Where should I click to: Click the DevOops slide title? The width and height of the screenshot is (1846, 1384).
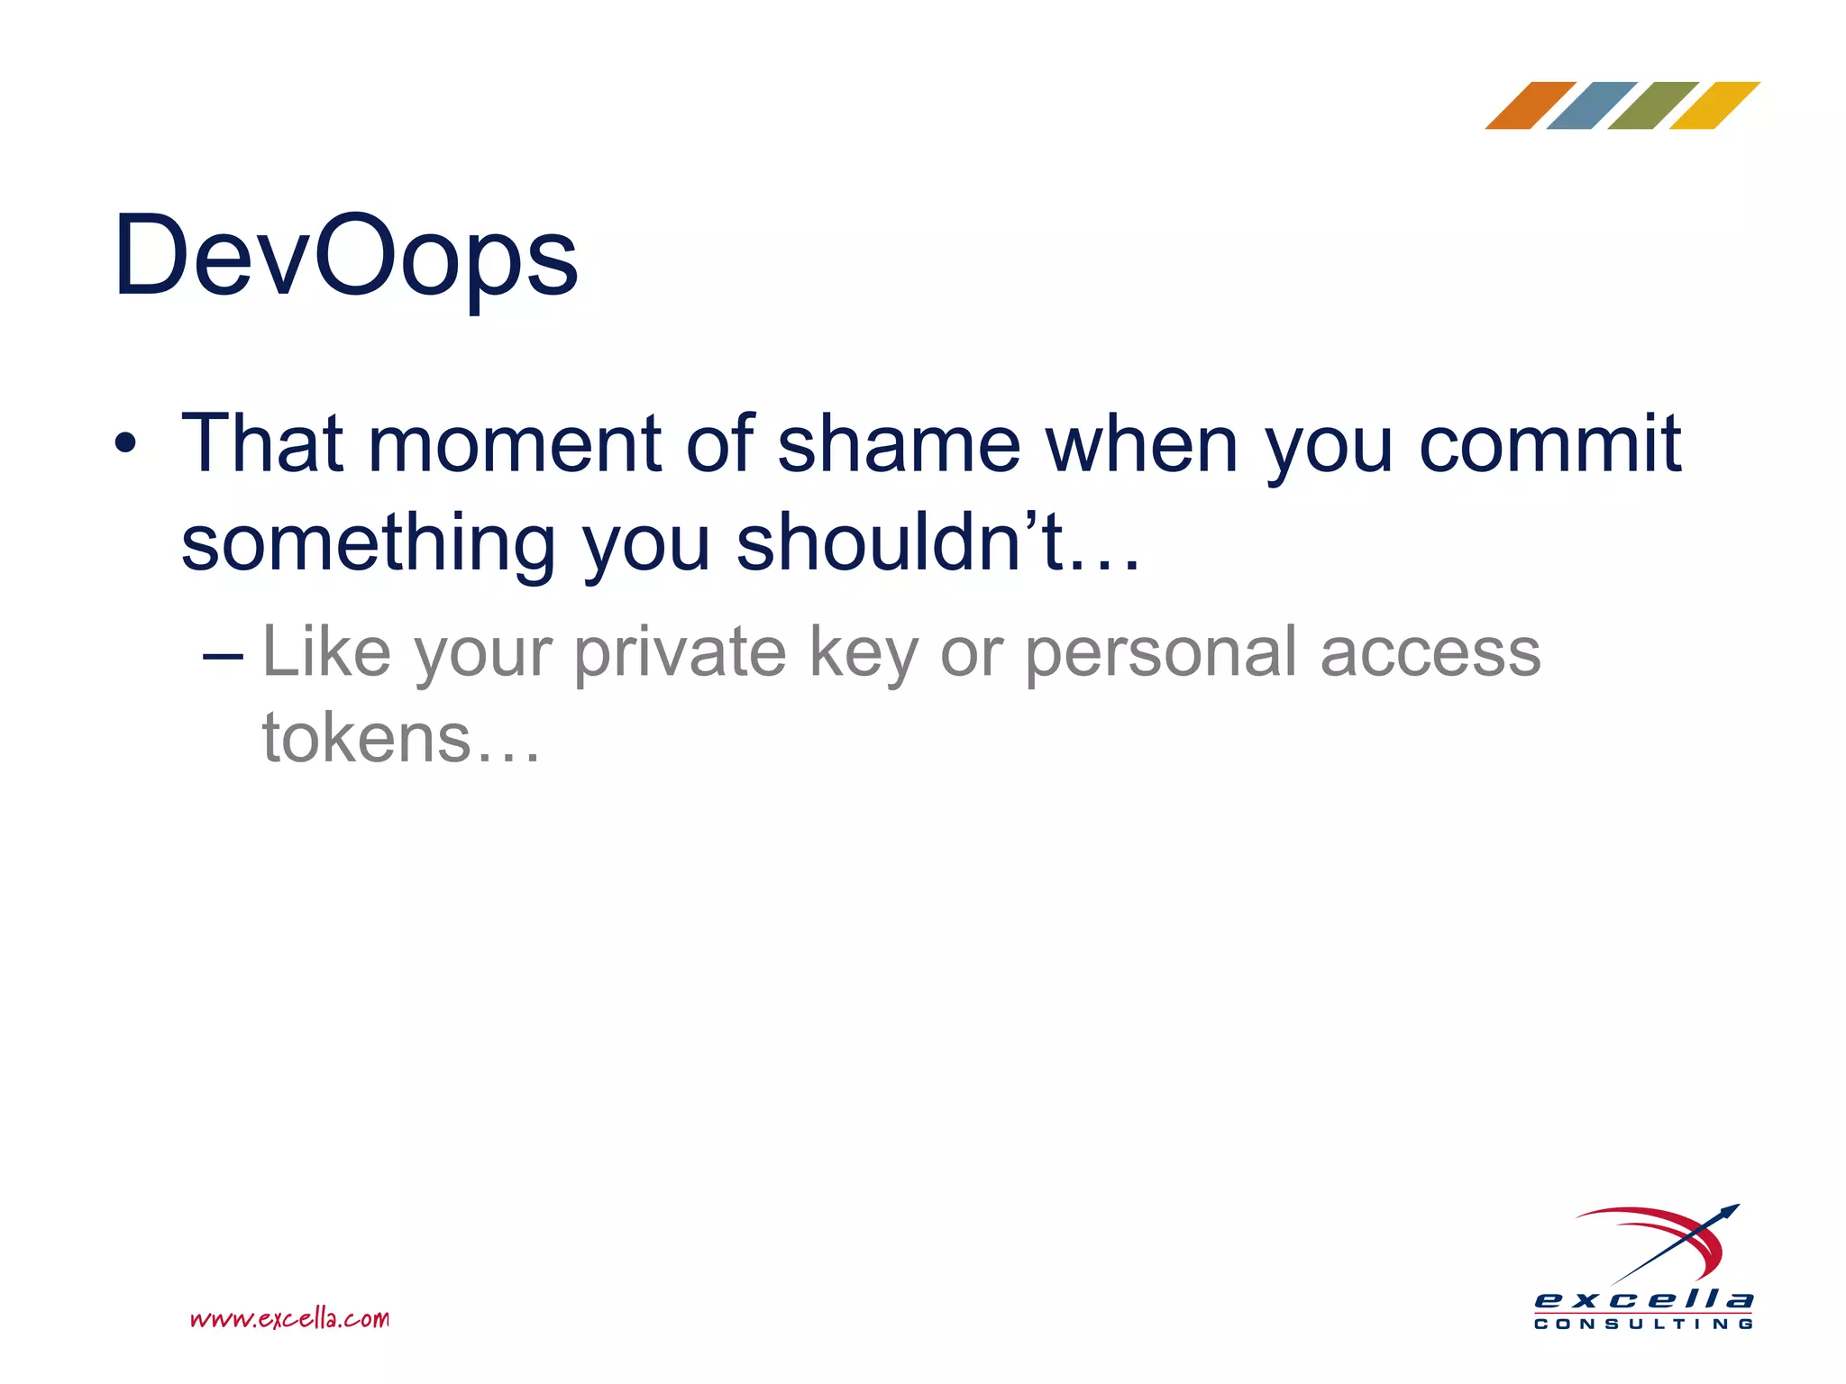tap(345, 257)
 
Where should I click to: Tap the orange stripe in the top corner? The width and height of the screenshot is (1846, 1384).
tap(1530, 105)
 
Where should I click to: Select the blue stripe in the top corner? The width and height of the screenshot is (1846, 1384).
tap(1591, 105)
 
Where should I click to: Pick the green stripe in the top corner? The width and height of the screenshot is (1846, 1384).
tap(1652, 105)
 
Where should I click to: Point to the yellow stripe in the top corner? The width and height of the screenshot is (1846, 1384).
tap(1713, 105)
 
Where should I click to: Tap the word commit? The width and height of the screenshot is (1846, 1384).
tap(1549, 443)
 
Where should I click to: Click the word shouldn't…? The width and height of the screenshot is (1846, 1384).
tap(938, 542)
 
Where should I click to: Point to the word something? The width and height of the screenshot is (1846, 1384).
tap(368, 544)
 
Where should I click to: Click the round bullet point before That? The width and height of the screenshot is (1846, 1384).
tap(125, 444)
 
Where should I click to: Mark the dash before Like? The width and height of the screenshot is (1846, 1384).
tap(223, 656)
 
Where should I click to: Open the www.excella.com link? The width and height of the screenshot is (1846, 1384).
tap(289, 1319)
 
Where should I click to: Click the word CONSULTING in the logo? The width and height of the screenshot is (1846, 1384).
tap(1643, 1324)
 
